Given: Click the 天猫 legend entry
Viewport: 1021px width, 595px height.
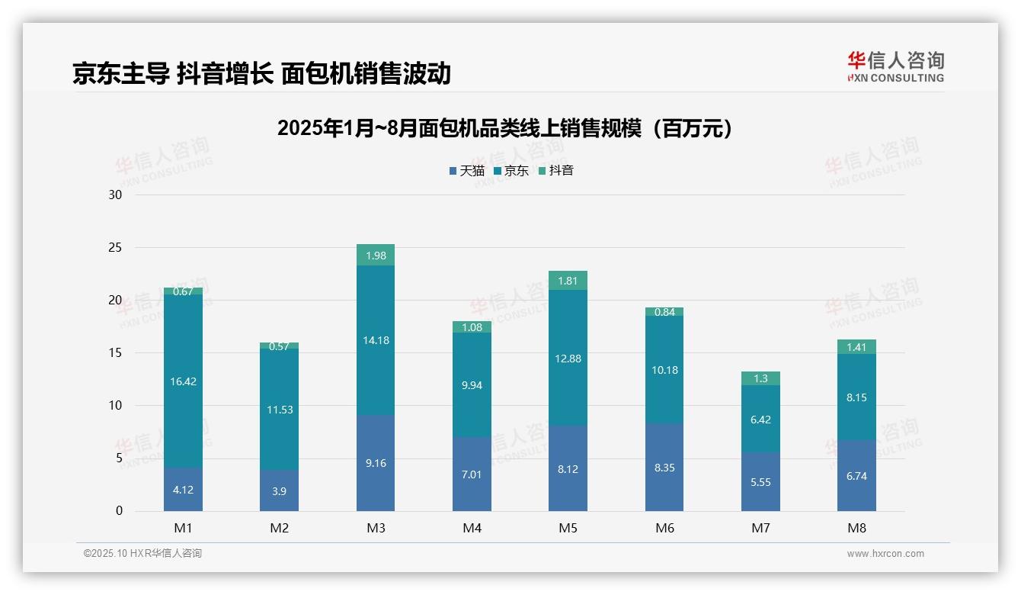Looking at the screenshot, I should click(x=467, y=171).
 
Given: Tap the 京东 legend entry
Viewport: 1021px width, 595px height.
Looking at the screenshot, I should click(x=511, y=171).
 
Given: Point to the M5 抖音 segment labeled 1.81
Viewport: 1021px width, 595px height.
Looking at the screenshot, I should click(x=568, y=281).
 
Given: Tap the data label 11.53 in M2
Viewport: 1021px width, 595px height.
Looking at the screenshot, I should click(x=280, y=410).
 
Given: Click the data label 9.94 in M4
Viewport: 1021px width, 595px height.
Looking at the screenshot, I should click(x=472, y=385).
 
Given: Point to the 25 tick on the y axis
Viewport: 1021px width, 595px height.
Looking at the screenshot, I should click(x=115, y=248).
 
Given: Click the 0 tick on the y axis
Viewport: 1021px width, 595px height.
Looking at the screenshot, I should click(x=119, y=511).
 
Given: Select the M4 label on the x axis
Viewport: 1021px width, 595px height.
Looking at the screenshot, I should click(x=472, y=528).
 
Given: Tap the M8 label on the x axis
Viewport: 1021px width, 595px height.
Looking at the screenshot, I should click(x=856, y=528).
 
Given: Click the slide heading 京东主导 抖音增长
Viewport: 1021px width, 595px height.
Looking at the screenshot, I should click(x=261, y=73).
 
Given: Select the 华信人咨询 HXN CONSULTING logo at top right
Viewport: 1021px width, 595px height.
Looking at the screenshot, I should click(x=895, y=67).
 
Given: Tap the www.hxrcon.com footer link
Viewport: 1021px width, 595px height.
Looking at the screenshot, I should click(x=885, y=554).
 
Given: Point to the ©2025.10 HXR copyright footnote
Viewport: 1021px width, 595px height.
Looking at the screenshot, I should click(x=142, y=554).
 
